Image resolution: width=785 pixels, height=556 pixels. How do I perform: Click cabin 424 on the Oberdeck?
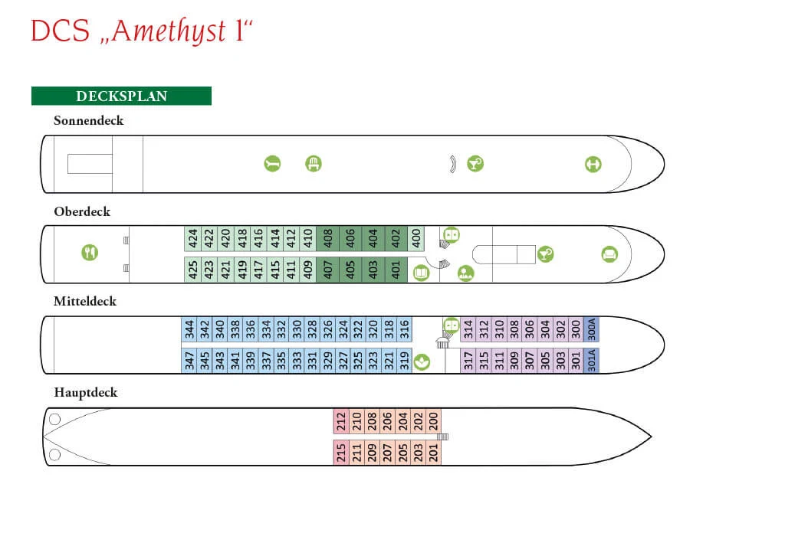pos(192,238)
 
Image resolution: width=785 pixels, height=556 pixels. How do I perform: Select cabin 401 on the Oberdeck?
pos(396,270)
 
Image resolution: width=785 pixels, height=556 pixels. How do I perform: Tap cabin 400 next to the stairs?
pos(416,238)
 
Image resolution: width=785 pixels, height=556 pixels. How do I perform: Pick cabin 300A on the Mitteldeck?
pos(591,329)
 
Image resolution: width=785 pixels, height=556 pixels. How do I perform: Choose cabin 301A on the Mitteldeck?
pos(591,361)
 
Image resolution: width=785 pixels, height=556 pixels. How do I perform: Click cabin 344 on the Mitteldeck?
pos(189,329)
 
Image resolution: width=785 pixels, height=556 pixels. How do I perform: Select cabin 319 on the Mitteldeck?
pos(405,361)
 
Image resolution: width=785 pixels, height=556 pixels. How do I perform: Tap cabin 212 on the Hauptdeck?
pos(341,421)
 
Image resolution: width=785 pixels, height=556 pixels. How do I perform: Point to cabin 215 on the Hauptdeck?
pos(341,453)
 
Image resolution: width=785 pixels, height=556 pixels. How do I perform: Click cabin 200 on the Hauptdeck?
pos(434,421)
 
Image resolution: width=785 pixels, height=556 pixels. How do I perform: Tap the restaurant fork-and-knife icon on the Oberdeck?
pos(90,253)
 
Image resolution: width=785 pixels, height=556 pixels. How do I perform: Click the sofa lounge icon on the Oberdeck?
pos(609,254)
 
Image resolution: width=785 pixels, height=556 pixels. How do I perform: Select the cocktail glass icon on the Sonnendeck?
pos(475,163)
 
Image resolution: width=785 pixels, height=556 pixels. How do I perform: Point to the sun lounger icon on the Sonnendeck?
pos(272,163)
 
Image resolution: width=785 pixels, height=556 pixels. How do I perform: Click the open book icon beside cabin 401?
pos(422,273)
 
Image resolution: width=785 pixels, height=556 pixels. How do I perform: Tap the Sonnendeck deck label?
pos(89,120)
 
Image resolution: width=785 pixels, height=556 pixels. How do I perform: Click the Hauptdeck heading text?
pos(86,393)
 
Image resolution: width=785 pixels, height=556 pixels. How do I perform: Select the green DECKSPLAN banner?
pos(121,96)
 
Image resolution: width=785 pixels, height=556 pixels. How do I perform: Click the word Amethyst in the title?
pos(169,31)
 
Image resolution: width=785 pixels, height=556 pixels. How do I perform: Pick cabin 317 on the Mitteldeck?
pos(468,361)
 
